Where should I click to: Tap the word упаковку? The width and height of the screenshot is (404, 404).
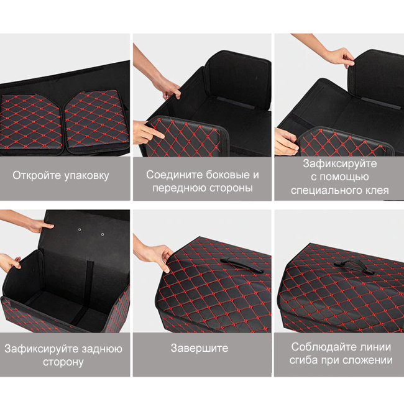pyautogui.click(x=86, y=177)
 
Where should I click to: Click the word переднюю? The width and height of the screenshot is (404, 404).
pyautogui.click(x=180, y=188)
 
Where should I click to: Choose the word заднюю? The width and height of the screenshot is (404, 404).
pyautogui.click(x=102, y=349)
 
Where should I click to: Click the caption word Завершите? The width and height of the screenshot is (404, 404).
pyautogui.click(x=200, y=348)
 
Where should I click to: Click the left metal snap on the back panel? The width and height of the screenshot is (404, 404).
pyautogui.click(x=80, y=229)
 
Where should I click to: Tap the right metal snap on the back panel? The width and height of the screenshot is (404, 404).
pyautogui.click(x=103, y=234)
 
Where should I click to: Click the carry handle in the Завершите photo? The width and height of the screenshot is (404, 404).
pyautogui.click(x=241, y=265)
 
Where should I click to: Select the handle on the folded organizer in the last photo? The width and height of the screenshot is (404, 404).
pyautogui.click(x=354, y=267)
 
